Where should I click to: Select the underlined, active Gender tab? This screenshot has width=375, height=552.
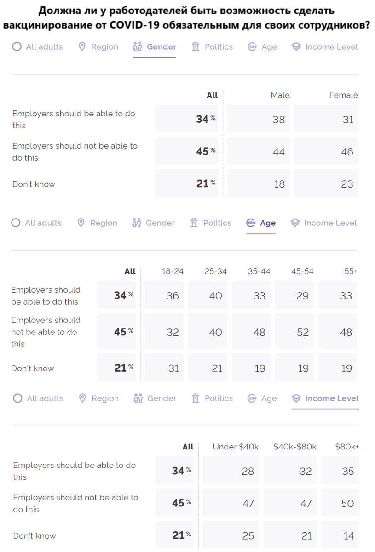(155, 47)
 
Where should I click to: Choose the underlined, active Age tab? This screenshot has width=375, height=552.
(261, 223)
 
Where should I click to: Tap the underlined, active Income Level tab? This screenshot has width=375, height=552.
(325, 398)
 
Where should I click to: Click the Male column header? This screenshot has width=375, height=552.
(280, 95)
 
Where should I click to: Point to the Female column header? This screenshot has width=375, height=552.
(343, 95)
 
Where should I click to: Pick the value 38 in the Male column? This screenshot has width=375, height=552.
(279, 120)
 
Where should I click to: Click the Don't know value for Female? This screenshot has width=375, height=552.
(347, 184)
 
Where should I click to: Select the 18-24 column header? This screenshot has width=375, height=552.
(173, 271)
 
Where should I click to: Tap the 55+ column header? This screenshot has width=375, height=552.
(351, 271)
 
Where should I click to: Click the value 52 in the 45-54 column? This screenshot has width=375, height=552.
(303, 332)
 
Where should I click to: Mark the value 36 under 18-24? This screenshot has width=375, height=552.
(173, 296)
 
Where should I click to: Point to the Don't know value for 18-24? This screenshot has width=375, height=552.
(173, 368)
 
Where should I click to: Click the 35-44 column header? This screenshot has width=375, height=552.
(259, 271)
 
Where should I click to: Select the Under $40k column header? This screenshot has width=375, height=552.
(236, 447)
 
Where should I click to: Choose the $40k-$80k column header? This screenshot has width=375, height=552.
(295, 447)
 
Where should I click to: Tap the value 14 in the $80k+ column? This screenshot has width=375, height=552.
(348, 536)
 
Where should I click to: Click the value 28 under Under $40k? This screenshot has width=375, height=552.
(248, 471)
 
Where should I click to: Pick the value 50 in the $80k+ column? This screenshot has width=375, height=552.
(347, 504)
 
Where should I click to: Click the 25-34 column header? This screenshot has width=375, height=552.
(216, 271)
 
